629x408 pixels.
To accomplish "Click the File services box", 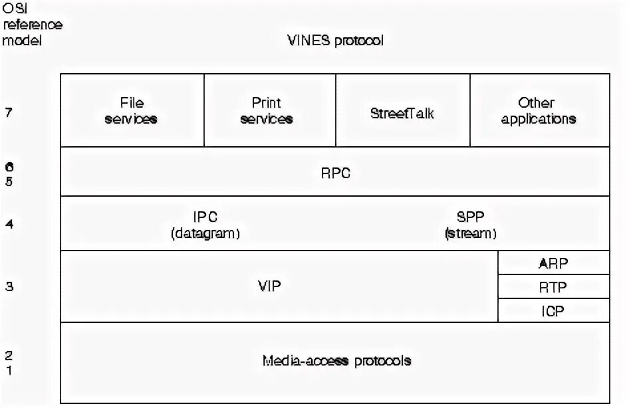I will pyautogui.click(x=132, y=111).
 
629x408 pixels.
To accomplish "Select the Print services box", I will pyautogui.click(x=267, y=111).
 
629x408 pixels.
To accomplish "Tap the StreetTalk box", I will pyautogui.click(x=402, y=112).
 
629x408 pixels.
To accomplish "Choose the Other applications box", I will pyautogui.click(x=539, y=111).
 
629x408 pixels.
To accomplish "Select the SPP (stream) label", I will pyautogui.click(x=471, y=225).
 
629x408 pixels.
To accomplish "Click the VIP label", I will pyautogui.click(x=269, y=286).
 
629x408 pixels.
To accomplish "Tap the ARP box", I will pyautogui.click(x=553, y=263).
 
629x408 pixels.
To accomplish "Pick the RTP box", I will pyautogui.click(x=553, y=287).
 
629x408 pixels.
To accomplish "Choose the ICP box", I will pyautogui.click(x=553, y=310).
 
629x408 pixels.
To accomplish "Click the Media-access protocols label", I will pyautogui.click(x=336, y=361).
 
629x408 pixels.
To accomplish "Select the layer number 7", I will pyautogui.click(x=9, y=112).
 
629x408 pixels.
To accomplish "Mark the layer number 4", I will pyautogui.click(x=9, y=224).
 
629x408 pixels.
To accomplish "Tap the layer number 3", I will pyautogui.click(x=9, y=287).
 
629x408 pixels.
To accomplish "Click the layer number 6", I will pyautogui.click(x=9, y=167).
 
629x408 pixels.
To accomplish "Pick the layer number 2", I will pyautogui.click(x=9, y=355).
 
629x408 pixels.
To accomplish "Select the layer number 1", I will pyautogui.click(x=9, y=370).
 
